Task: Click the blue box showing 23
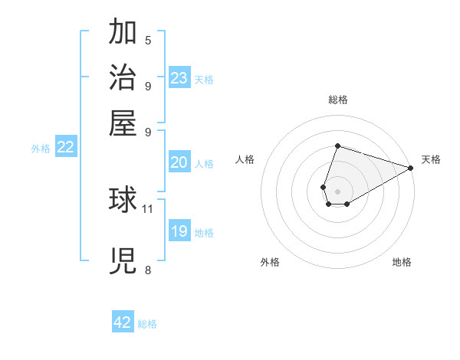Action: tap(179, 78)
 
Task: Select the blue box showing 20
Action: tap(179, 162)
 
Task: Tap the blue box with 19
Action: tap(179, 231)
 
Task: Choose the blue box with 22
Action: tap(65, 147)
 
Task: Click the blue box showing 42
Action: tap(123, 322)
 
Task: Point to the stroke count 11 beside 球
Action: tap(148, 208)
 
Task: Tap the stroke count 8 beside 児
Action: tap(148, 270)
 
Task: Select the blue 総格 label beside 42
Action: tap(147, 324)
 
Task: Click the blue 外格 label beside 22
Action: tap(41, 149)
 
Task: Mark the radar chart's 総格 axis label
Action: tap(337, 100)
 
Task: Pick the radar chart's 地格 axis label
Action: tap(402, 262)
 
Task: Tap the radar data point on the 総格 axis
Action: tap(337, 146)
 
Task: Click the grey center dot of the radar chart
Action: tap(337, 190)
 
